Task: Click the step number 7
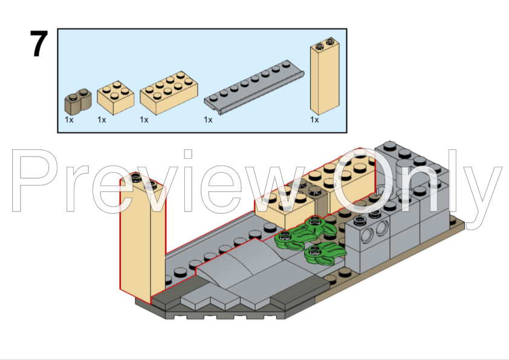[39, 43]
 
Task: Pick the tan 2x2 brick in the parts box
[115, 97]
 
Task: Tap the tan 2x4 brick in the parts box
[169, 93]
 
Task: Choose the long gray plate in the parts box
[254, 87]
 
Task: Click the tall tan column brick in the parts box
[325, 76]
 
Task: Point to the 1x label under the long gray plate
[208, 120]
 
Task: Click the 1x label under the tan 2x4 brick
[144, 120]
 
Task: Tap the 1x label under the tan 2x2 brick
[102, 120]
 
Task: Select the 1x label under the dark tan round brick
[69, 120]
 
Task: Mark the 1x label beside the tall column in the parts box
[314, 120]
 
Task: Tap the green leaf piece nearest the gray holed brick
[325, 254]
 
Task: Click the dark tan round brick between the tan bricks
[320, 201]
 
